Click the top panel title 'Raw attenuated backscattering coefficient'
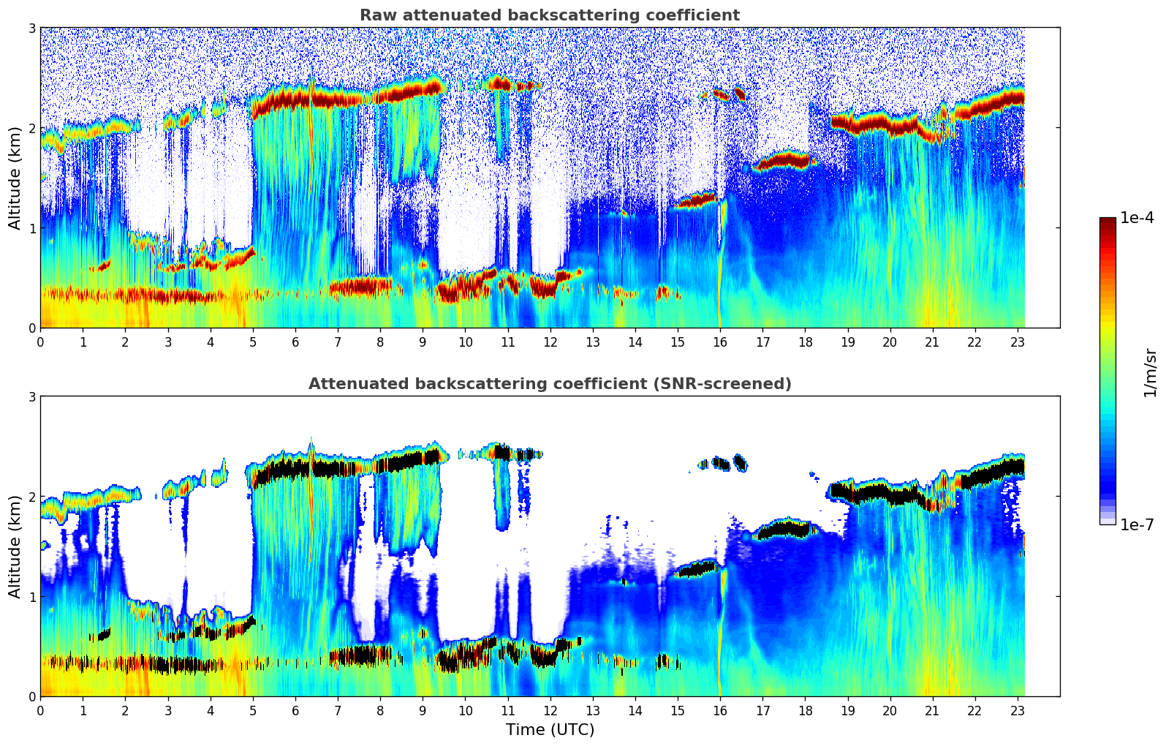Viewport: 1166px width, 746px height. pyautogui.click(x=549, y=15)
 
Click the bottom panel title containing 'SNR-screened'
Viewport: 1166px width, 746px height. pyautogui.click(x=549, y=384)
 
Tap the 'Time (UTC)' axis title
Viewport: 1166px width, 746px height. pyautogui.click(x=550, y=730)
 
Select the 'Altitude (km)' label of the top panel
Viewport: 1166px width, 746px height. pyautogui.click(x=15, y=178)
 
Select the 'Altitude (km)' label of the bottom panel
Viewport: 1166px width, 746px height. pyautogui.click(x=15, y=546)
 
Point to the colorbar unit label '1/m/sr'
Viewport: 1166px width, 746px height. pyautogui.click(x=1150, y=373)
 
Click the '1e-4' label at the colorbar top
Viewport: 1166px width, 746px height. pyautogui.click(x=1137, y=218)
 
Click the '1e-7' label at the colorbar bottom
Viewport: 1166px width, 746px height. pyautogui.click(x=1137, y=524)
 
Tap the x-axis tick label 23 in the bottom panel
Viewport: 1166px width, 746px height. pyautogui.click(x=1018, y=710)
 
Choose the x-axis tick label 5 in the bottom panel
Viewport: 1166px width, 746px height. pyautogui.click(x=252, y=710)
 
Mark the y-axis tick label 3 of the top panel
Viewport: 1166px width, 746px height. pyautogui.click(x=31, y=28)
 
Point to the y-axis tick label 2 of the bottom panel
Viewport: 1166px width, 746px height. pyautogui.click(x=31, y=497)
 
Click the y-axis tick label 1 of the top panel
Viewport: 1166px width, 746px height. pyautogui.click(x=31, y=228)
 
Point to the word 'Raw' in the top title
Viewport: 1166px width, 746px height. pyautogui.click(x=374, y=15)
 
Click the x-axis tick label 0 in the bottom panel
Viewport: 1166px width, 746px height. pyautogui.click(x=40, y=710)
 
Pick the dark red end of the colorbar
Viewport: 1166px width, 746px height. pyautogui.click(x=1107, y=222)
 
